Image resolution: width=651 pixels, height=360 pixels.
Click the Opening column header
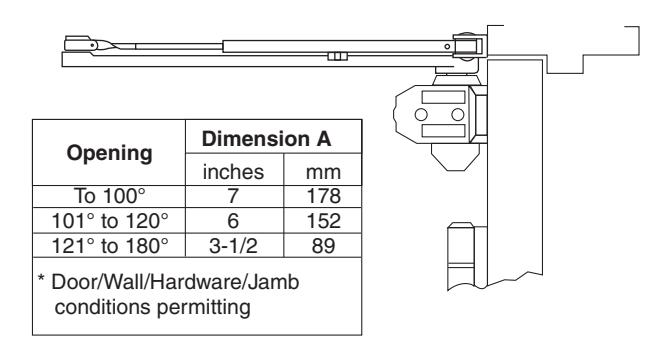[x=109, y=154]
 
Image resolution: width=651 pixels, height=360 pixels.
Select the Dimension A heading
[x=266, y=139]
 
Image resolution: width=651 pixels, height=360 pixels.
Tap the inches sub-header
[x=233, y=172]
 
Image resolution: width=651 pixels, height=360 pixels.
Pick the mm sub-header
[x=323, y=173]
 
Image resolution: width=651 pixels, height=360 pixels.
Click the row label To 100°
[x=109, y=196]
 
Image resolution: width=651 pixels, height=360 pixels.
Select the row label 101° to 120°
[x=110, y=221]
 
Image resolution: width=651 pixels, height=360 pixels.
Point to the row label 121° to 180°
[x=110, y=246]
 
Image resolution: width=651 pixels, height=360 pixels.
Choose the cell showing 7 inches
[x=233, y=196]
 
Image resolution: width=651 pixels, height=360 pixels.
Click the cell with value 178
[x=323, y=196]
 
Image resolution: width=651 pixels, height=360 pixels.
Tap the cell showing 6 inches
[x=233, y=221]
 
